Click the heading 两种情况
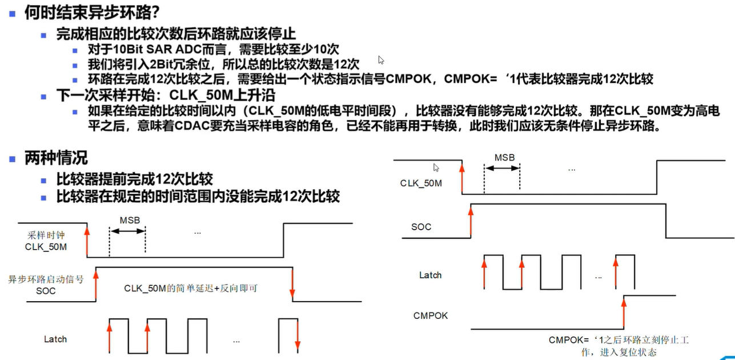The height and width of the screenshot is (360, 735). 55,157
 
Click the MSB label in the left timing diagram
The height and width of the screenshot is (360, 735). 130,221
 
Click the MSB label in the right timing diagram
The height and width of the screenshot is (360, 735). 504,157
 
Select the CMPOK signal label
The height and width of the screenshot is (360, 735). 431,315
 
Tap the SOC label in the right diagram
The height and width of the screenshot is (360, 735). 421,227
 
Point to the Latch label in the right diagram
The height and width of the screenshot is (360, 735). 431,275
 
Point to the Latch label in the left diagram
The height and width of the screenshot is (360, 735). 55,339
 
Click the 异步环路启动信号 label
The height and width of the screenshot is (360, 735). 46,279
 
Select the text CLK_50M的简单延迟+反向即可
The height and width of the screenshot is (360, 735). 191,288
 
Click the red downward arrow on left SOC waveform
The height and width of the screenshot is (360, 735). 292,283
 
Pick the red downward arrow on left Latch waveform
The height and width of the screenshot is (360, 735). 298,337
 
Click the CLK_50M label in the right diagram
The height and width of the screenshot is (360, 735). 421,183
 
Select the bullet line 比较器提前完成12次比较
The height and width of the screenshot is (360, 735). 135,179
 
